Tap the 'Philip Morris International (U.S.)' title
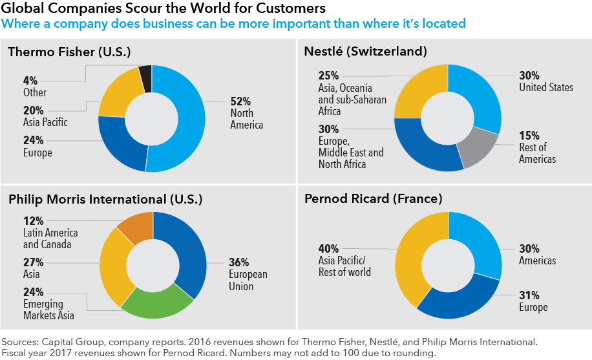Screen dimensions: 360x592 click(x=105, y=199)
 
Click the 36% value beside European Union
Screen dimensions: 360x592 click(x=239, y=263)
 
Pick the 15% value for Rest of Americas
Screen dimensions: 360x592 click(x=529, y=136)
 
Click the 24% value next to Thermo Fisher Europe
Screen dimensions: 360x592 click(x=34, y=140)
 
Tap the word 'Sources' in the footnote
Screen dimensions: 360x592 click(x=20, y=341)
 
